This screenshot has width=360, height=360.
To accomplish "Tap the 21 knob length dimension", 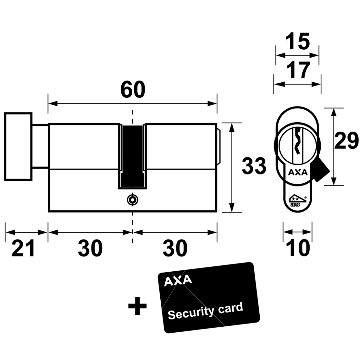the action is coord(23,248).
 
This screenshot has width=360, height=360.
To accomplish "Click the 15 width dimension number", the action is coord(297,41).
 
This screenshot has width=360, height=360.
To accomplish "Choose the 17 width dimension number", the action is coord(298,70).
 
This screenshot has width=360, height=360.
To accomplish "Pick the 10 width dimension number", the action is coord(298,248).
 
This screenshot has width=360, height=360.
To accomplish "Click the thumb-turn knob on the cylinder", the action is coord(18,146).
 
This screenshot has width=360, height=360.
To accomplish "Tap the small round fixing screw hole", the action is coord(133,200).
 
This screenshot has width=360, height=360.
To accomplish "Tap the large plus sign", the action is coord(137,306).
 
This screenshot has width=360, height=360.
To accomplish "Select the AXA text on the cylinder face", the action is coord(297,173).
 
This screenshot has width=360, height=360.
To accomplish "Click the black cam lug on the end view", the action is coord(321,171).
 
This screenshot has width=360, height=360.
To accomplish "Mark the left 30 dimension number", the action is coord(90,248).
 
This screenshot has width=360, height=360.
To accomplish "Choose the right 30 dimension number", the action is coord(175,248).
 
